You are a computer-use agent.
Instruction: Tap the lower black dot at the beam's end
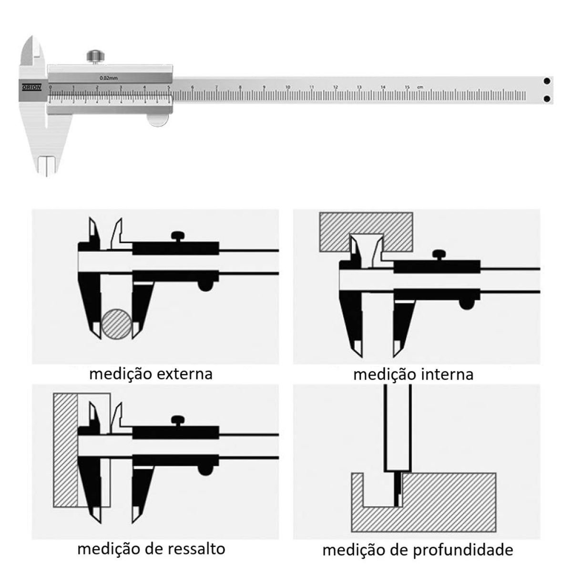coord(547,99)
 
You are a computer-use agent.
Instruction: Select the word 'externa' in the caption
coord(185,373)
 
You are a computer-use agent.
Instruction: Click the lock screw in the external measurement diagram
coord(178,236)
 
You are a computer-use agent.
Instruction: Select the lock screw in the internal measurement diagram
coord(439,255)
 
